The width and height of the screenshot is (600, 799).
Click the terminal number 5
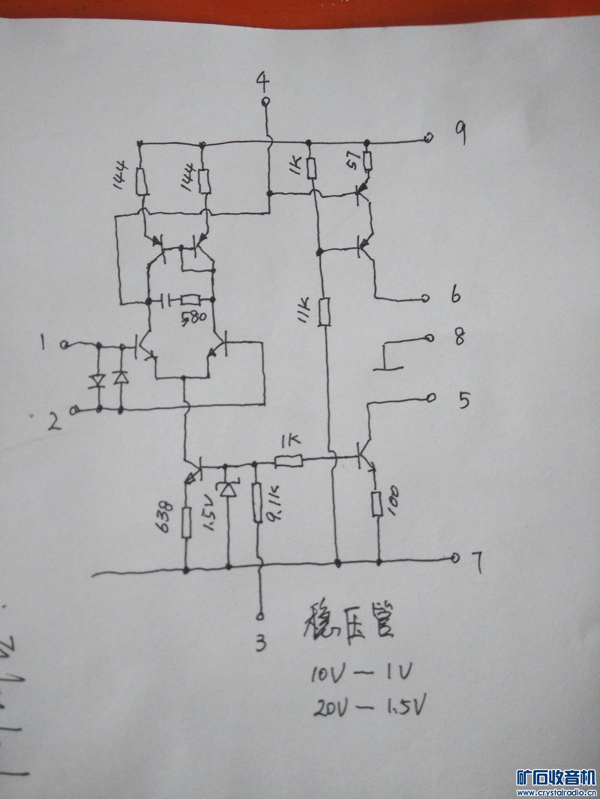pos(463,400)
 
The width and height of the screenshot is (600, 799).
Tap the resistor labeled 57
pos(368,161)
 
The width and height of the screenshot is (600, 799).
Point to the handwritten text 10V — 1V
pos(360,674)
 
